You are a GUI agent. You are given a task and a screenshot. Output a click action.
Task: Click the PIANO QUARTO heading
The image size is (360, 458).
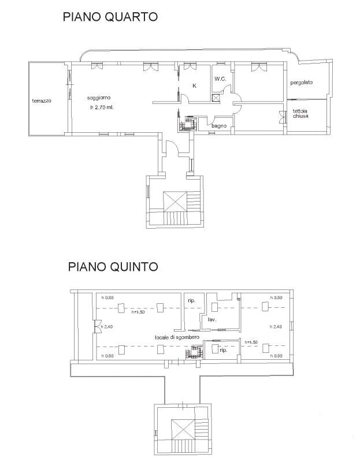110,17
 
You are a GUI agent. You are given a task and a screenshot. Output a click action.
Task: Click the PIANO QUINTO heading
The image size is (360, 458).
113,267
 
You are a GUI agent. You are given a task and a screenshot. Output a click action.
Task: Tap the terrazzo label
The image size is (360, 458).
42,100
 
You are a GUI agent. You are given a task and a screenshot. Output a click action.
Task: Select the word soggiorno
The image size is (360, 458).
99,98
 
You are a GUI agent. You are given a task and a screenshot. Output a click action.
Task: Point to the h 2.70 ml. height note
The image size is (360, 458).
102,107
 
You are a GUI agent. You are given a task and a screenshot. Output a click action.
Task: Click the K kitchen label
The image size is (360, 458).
194,85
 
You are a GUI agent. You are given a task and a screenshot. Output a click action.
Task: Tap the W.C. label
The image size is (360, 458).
220,79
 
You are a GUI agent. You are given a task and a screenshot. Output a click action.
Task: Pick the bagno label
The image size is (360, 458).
219,126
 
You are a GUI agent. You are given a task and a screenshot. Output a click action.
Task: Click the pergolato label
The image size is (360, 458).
301,83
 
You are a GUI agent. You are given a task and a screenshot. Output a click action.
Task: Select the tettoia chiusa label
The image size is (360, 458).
300,113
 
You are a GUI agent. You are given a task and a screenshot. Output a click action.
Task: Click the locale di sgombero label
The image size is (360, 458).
177,337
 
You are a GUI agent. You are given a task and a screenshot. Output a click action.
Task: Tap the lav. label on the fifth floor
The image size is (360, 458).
212,320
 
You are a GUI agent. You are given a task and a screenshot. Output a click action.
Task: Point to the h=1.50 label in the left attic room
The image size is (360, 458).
138,312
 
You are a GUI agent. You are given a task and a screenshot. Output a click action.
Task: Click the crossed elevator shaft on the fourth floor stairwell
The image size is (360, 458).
175,202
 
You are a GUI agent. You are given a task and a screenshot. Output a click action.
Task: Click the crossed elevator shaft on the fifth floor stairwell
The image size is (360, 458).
183,429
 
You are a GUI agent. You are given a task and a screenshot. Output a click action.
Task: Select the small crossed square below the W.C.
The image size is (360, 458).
216,98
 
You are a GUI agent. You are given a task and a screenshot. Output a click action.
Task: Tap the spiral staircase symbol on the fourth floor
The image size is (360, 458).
187,124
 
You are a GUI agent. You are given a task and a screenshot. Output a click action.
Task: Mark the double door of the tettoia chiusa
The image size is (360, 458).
281,117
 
